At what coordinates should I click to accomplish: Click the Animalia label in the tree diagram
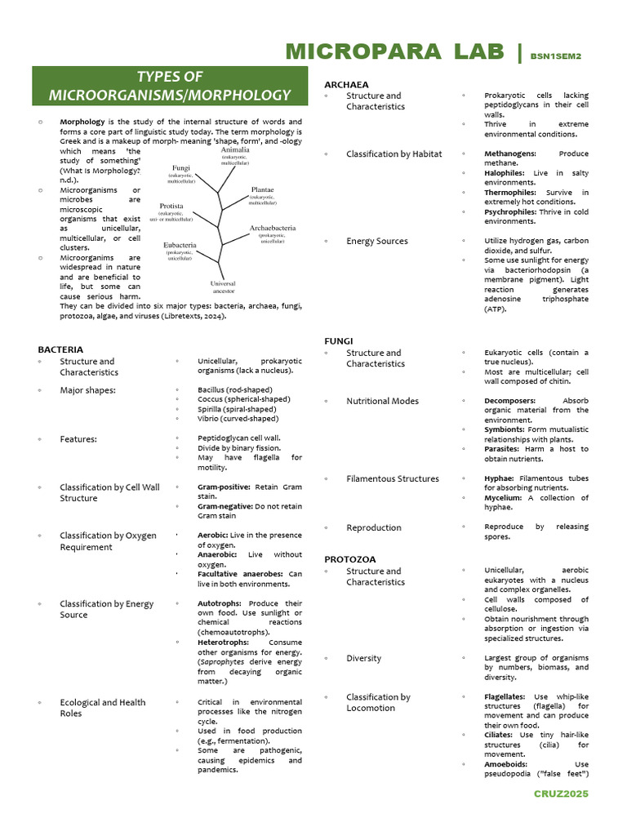pos(235,150)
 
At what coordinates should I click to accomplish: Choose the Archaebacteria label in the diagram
pos(272,229)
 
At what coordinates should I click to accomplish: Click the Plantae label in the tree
pos(263,189)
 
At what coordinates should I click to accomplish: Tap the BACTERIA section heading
pos(60,349)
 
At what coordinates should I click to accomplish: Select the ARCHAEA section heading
pos(346,84)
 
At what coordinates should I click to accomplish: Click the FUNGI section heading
pos(338,340)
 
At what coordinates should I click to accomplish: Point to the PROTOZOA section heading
pos(350,559)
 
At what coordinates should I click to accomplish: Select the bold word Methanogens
pos(509,153)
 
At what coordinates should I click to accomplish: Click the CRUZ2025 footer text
pos(561,794)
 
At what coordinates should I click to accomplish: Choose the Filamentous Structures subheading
pos(392,479)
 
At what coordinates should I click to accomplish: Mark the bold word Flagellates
pos(505,696)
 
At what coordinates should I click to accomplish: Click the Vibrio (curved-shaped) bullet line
pos(238,419)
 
